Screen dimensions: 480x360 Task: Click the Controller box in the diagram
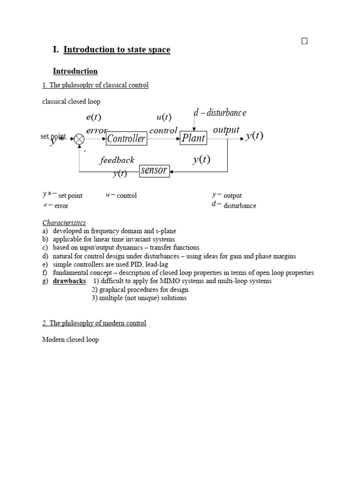(x=126, y=138)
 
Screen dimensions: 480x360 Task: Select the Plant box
(x=194, y=138)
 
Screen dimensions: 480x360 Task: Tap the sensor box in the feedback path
(x=154, y=171)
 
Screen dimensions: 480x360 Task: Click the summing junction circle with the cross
(x=79, y=138)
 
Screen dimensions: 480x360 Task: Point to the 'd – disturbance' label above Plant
(x=220, y=113)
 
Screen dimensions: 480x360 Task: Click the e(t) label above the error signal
(x=94, y=117)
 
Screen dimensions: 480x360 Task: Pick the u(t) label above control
(x=164, y=117)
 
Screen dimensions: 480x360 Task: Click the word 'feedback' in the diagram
(x=117, y=160)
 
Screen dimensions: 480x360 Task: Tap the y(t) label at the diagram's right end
(x=255, y=136)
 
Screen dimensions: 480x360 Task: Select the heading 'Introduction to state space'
(x=117, y=50)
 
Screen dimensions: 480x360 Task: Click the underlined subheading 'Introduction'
(x=75, y=71)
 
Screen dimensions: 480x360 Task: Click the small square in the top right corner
(x=304, y=41)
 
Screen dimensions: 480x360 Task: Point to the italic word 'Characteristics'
(x=64, y=223)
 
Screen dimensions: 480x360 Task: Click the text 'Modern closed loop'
(x=70, y=339)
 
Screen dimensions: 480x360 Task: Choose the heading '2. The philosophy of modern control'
(x=94, y=323)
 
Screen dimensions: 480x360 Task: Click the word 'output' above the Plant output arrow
(x=226, y=130)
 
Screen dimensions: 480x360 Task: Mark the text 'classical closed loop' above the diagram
(x=71, y=101)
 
